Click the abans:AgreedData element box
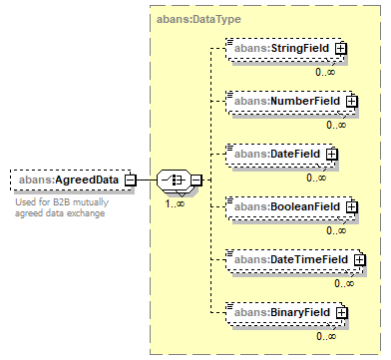[71, 180]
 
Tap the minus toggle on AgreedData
[131, 180]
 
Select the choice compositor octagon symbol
[175, 180]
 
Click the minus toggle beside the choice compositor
[196, 180]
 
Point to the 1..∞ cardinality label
[175, 203]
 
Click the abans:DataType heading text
[198, 19]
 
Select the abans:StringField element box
[284, 49]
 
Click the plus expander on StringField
[340, 49]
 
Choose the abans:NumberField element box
[289, 102]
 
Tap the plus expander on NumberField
[351, 102]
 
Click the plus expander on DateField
[331, 155]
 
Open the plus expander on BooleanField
[351, 207]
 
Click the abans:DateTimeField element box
[293, 260]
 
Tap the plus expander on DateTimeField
[359, 260]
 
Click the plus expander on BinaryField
[341, 313]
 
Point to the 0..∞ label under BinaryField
[326, 336]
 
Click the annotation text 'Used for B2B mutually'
[62, 202]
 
